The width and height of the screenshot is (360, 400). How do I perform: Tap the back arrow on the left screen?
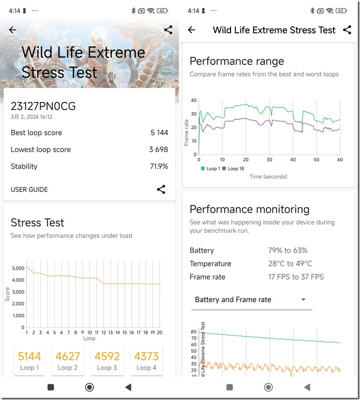[x=13, y=31]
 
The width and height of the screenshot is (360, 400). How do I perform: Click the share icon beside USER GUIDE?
[x=161, y=189]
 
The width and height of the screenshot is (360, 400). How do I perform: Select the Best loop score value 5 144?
[x=159, y=133]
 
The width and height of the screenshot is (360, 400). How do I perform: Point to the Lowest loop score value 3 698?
[x=159, y=149]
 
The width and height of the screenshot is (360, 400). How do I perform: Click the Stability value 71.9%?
[x=159, y=166]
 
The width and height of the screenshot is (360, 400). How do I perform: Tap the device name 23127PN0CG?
[x=43, y=106]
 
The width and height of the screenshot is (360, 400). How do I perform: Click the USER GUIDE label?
[x=29, y=190]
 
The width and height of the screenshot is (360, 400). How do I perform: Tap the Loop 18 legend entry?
[x=233, y=169]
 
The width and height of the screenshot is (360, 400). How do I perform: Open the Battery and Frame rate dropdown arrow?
[x=304, y=300]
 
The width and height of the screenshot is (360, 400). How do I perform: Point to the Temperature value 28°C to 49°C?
[x=290, y=264]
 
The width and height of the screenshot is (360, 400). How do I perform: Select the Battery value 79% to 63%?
[x=288, y=250]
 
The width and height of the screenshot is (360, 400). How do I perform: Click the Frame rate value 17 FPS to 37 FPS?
[x=296, y=277]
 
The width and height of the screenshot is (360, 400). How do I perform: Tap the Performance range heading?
[x=236, y=61]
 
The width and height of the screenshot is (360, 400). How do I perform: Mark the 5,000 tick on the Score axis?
[x=18, y=268]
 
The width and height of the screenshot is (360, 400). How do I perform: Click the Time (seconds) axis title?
[x=268, y=177]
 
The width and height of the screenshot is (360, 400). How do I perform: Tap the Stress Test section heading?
[x=38, y=222]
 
